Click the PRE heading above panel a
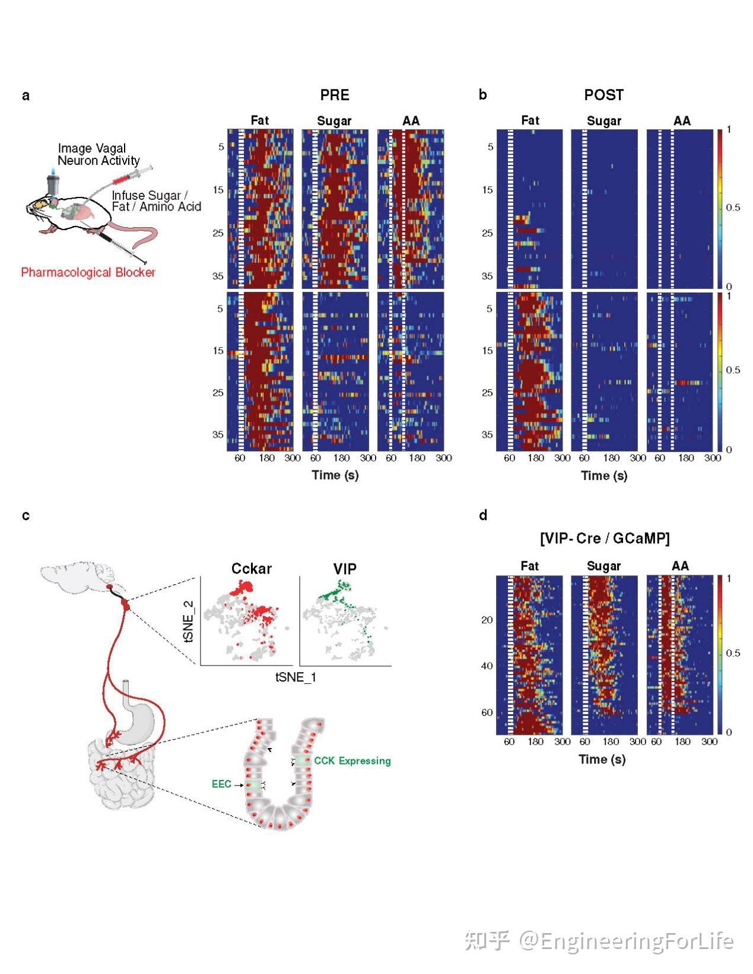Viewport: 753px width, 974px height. click(335, 95)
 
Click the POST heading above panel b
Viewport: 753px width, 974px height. click(603, 95)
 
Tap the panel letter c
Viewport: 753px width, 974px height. click(26, 515)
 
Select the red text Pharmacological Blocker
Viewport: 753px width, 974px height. click(88, 272)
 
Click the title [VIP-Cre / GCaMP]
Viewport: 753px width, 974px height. click(604, 538)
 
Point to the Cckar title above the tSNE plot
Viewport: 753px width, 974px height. click(252, 568)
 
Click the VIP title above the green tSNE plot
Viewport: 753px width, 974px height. click(345, 569)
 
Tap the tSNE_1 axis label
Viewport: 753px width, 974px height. click(296, 677)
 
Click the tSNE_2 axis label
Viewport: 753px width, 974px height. click(189, 621)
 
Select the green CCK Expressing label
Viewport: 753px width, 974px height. click(352, 760)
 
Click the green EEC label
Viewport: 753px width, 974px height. click(221, 784)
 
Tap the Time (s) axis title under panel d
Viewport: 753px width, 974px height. click(602, 759)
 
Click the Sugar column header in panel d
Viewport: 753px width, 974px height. click(603, 566)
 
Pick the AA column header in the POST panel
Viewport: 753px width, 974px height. click(682, 121)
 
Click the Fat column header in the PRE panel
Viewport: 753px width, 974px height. click(259, 120)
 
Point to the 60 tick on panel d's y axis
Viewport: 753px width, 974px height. click(487, 712)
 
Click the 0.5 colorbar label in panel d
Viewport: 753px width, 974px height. click(733, 653)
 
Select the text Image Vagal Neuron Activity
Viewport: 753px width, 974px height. click(98, 154)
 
